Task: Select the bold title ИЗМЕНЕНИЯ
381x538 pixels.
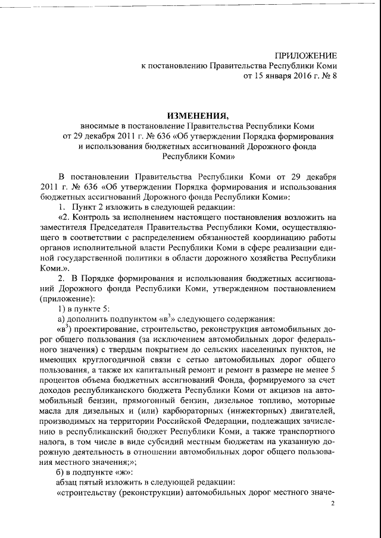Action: pos(191,115)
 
